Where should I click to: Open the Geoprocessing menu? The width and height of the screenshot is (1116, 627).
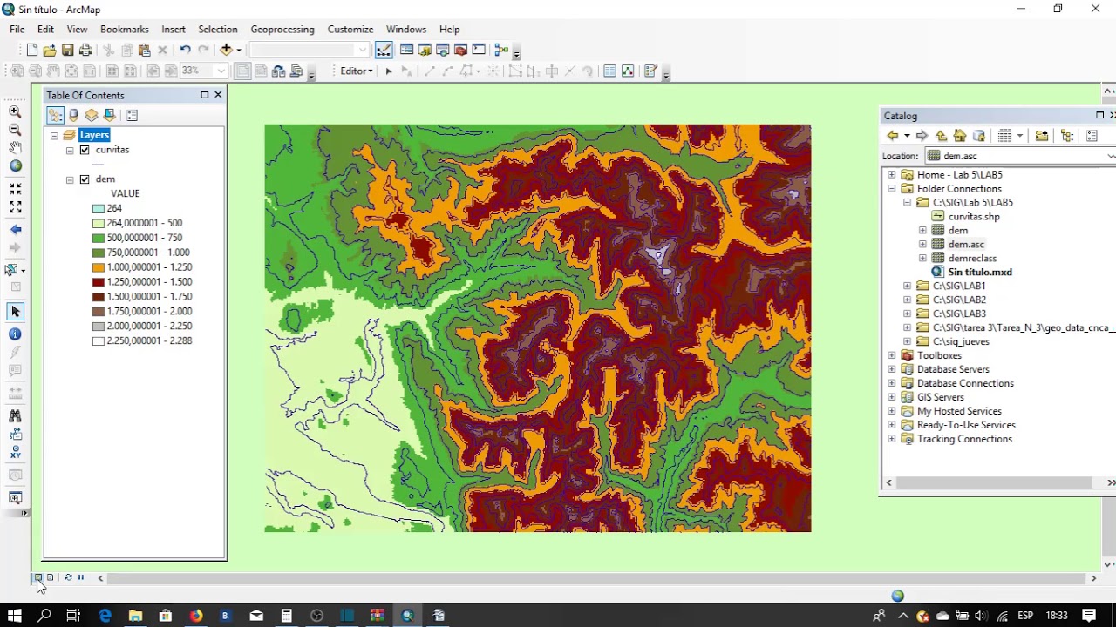pyautogui.click(x=282, y=29)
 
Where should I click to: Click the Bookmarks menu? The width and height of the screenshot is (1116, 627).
pyautogui.click(x=124, y=29)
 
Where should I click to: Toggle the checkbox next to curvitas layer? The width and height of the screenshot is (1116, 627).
pyautogui.click(x=85, y=150)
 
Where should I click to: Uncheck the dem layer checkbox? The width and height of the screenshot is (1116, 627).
pyautogui.click(x=85, y=179)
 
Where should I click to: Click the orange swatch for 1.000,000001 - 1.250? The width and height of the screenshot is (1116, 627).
pyautogui.click(x=99, y=267)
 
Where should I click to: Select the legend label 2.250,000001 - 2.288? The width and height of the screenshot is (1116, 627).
pyautogui.click(x=149, y=340)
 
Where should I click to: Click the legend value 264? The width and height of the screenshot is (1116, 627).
pyautogui.click(x=114, y=208)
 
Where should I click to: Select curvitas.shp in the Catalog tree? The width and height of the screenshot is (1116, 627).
pyautogui.click(x=973, y=217)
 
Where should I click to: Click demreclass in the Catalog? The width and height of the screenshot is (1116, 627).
pyautogui.click(x=971, y=259)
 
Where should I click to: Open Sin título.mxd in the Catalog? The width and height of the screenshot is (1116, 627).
pyautogui.click(x=979, y=273)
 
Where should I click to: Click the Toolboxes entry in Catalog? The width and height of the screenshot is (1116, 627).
pyautogui.click(x=939, y=355)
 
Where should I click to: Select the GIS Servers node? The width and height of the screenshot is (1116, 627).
pyautogui.click(x=941, y=397)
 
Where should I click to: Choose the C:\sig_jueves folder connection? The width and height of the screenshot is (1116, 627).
pyautogui.click(x=960, y=341)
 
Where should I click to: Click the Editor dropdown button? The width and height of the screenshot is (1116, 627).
pyautogui.click(x=356, y=71)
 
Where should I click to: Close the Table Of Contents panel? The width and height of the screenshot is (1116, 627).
pyautogui.click(x=218, y=95)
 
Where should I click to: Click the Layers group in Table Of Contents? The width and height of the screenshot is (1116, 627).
pyautogui.click(x=94, y=135)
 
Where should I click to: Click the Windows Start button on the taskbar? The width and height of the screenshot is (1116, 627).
pyautogui.click(x=14, y=616)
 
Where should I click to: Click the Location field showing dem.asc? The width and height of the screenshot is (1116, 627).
pyautogui.click(x=1016, y=156)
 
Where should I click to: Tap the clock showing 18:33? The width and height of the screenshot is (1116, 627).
pyautogui.click(x=1056, y=616)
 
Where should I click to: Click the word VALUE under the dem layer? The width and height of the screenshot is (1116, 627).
pyautogui.click(x=125, y=193)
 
